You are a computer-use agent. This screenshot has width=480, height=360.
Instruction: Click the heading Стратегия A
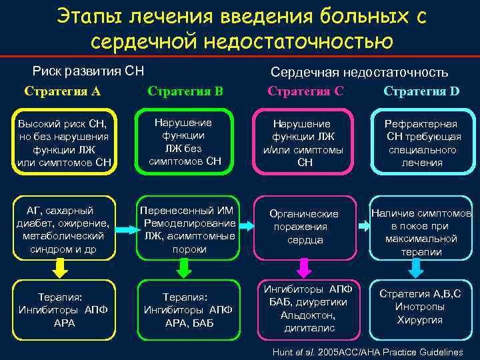coord(62,91)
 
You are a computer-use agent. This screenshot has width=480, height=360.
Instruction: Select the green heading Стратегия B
coord(185,91)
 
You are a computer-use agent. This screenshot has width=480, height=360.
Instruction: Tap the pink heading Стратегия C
coord(305,91)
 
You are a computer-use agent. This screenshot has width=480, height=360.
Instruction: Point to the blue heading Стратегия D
coord(421,91)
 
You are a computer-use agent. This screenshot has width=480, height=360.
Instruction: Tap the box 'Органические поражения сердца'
coord(304,227)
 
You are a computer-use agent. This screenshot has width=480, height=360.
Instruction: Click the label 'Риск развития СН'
coord(89,71)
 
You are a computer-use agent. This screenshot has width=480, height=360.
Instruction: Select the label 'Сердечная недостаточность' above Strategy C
coord(359,72)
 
